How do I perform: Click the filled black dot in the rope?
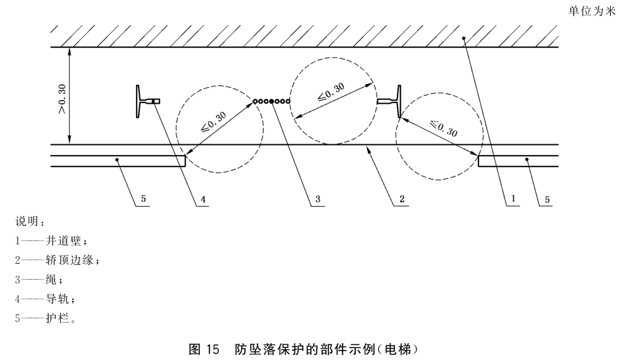click(x=272, y=101)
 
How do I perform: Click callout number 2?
click(x=401, y=199)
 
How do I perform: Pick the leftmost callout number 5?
click(x=144, y=199)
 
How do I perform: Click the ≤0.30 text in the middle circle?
click(x=330, y=92)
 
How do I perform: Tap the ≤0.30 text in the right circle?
click(x=443, y=128)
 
